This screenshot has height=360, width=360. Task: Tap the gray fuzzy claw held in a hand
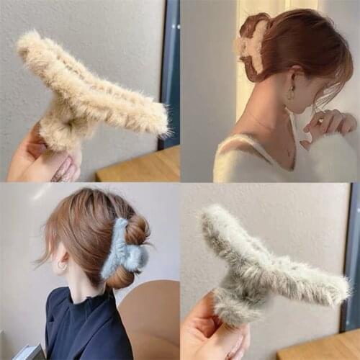[x=266, y=263]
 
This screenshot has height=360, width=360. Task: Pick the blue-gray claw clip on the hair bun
[x=122, y=248]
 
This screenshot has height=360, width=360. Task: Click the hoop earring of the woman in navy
[x=62, y=266]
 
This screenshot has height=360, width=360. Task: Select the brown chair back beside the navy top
[x=151, y=317]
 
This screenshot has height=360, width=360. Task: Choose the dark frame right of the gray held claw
[x=352, y=252]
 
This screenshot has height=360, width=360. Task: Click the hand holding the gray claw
[x=212, y=331]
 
